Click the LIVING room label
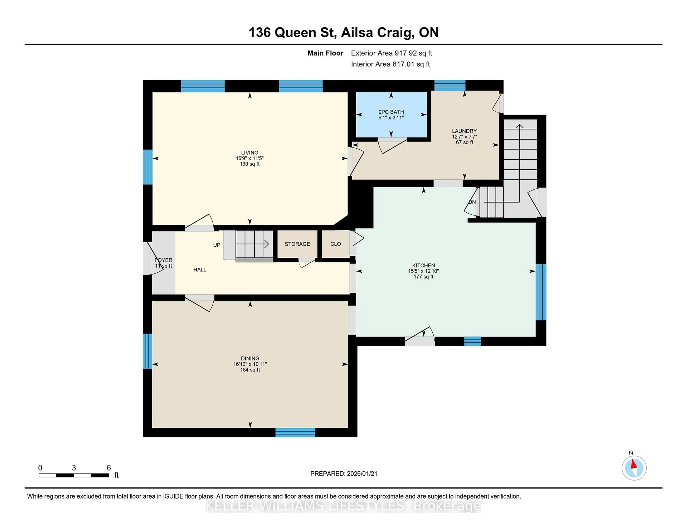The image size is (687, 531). pyautogui.click(x=249, y=153)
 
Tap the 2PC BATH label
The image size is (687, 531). pyautogui.click(x=391, y=112)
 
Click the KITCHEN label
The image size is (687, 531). pyautogui.click(x=423, y=265)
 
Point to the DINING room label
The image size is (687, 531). pyautogui.click(x=250, y=358)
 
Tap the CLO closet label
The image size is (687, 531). pyautogui.click(x=335, y=244)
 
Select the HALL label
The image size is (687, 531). pyautogui.click(x=200, y=270)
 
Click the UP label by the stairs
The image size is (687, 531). pyautogui.click(x=217, y=245)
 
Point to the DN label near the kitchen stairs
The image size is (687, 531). pyautogui.click(x=472, y=202)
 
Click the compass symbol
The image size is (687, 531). pyautogui.click(x=634, y=468)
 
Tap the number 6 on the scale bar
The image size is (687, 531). pyautogui.click(x=109, y=468)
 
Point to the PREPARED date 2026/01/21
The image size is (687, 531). pyautogui.click(x=362, y=474)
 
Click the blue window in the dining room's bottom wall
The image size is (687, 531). pyautogui.click(x=295, y=433)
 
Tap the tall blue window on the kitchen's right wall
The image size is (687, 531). pyautogui.click(x=541, y=292)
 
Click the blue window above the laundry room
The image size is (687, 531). pyautogui.click(x=450, y=85)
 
